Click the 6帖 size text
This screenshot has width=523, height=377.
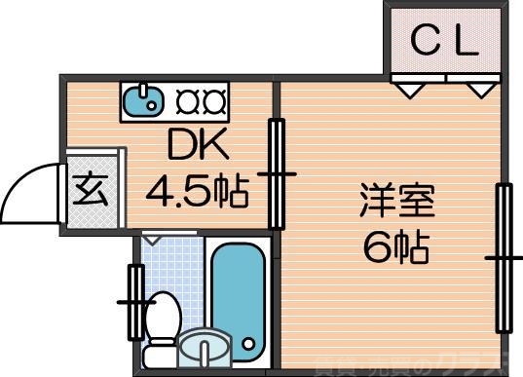[x=396, y=250]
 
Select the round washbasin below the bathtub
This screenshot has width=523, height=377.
[x=205, y=348]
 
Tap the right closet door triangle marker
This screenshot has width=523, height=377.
[x=478, y=89]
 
